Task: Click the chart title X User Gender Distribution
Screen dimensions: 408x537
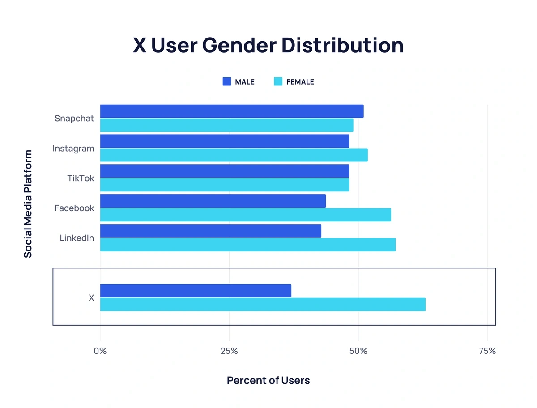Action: click(x=268, y=46)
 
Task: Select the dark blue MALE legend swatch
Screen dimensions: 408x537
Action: click(x=227, y=81)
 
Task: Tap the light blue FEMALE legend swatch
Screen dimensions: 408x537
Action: click(x=278, y=81)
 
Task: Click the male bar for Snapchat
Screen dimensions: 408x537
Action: click(x=232, y=111)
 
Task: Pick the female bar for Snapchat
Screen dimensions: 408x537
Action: click(x=226, y=125)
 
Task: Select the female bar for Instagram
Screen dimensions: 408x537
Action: click(x=234, y=155)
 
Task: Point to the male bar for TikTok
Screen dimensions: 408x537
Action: click(x=225, y=171)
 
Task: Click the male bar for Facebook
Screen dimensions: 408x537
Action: click(x=213, y=201)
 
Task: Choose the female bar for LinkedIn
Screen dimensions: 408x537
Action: click(x=247, y=245)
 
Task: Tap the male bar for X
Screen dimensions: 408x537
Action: click(x=196, y=290)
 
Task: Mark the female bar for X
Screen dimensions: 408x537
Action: click(x=263, y=305)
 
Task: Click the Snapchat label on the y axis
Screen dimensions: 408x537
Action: click(x=74, y=119)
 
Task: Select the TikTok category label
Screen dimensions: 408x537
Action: click(x=81, y=178)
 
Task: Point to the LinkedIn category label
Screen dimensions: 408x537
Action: click(x=77, y=238)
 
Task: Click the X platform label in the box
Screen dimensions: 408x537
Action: click(x=91, y=298)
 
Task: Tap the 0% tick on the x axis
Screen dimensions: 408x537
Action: click(x=100, y=351)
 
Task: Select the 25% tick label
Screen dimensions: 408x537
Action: click(x=229, y=351)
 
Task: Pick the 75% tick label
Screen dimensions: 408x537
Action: click(x=487, y=351)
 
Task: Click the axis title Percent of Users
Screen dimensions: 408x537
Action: click(x=268, y=381)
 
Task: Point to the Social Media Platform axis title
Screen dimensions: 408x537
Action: click(x=28, y=204)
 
